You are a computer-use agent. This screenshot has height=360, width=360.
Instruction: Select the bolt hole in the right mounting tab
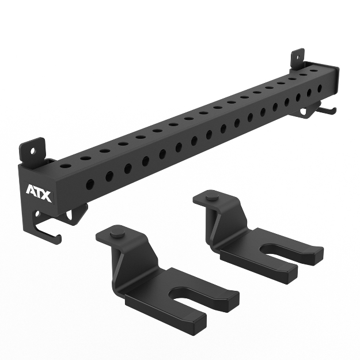tap(297, 55)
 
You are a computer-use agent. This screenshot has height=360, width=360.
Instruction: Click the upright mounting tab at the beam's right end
tap(297, 57)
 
